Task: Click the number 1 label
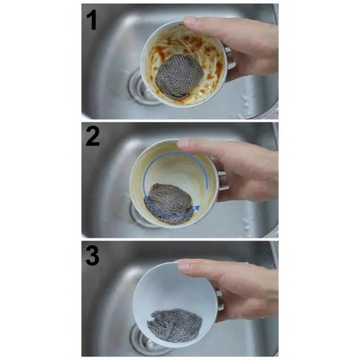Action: pyautogui.click(x=91, y=19)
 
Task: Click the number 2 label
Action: pyautogui.click(x=93, y=137)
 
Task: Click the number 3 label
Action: pyautogui.click(x=93, y=255)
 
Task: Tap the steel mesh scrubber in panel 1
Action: pyautogui.click(x=179, y=77)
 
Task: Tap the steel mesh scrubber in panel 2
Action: pyautogui.click(x=170, y=203)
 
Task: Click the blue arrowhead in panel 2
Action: pyautogui.click(x=197, y=208)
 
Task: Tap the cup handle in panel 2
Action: pyautogui.click(x=223, y=182)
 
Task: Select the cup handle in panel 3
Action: pyautogui.click(x=219, y=302)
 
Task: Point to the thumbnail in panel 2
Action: pyautogui.click(x=184, y=144)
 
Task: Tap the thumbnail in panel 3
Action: pyautogui.click(x=184, y=265)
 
